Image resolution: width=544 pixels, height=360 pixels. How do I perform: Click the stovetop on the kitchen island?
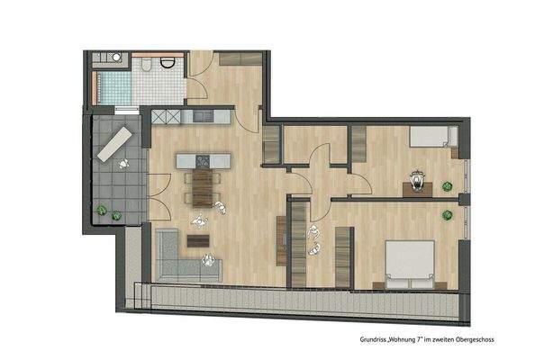[x=203, y=161]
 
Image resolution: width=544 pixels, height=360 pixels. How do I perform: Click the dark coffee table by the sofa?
[x=195, y=240]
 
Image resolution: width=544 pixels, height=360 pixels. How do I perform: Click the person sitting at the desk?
[x=416, y=177]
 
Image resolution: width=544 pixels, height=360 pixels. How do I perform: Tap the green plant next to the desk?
[x=447, y=187]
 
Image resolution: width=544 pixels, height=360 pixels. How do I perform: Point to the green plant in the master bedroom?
[x=448, y=214]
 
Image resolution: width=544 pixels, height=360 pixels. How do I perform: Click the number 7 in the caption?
[x=397, y=340]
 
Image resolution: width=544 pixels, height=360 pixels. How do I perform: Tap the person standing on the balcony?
[x=122, y=162]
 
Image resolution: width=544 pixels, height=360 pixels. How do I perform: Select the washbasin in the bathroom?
[x=114, y=57]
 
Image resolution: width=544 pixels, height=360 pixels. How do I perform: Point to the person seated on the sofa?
[x=210, y=263]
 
